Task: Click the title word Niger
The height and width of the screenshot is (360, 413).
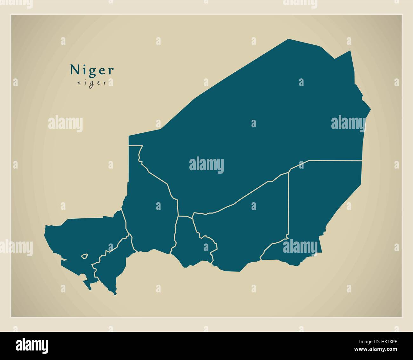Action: click(92, 70)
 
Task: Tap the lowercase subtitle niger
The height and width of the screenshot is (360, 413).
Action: click(91, 83)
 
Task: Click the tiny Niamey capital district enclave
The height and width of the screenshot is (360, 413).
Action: click(85, 256)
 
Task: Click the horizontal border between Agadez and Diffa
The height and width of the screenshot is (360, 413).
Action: click(334, 161)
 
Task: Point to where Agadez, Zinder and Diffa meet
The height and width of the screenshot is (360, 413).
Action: click(289, 172)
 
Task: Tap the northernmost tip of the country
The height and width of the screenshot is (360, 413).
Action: click(288, 39)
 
